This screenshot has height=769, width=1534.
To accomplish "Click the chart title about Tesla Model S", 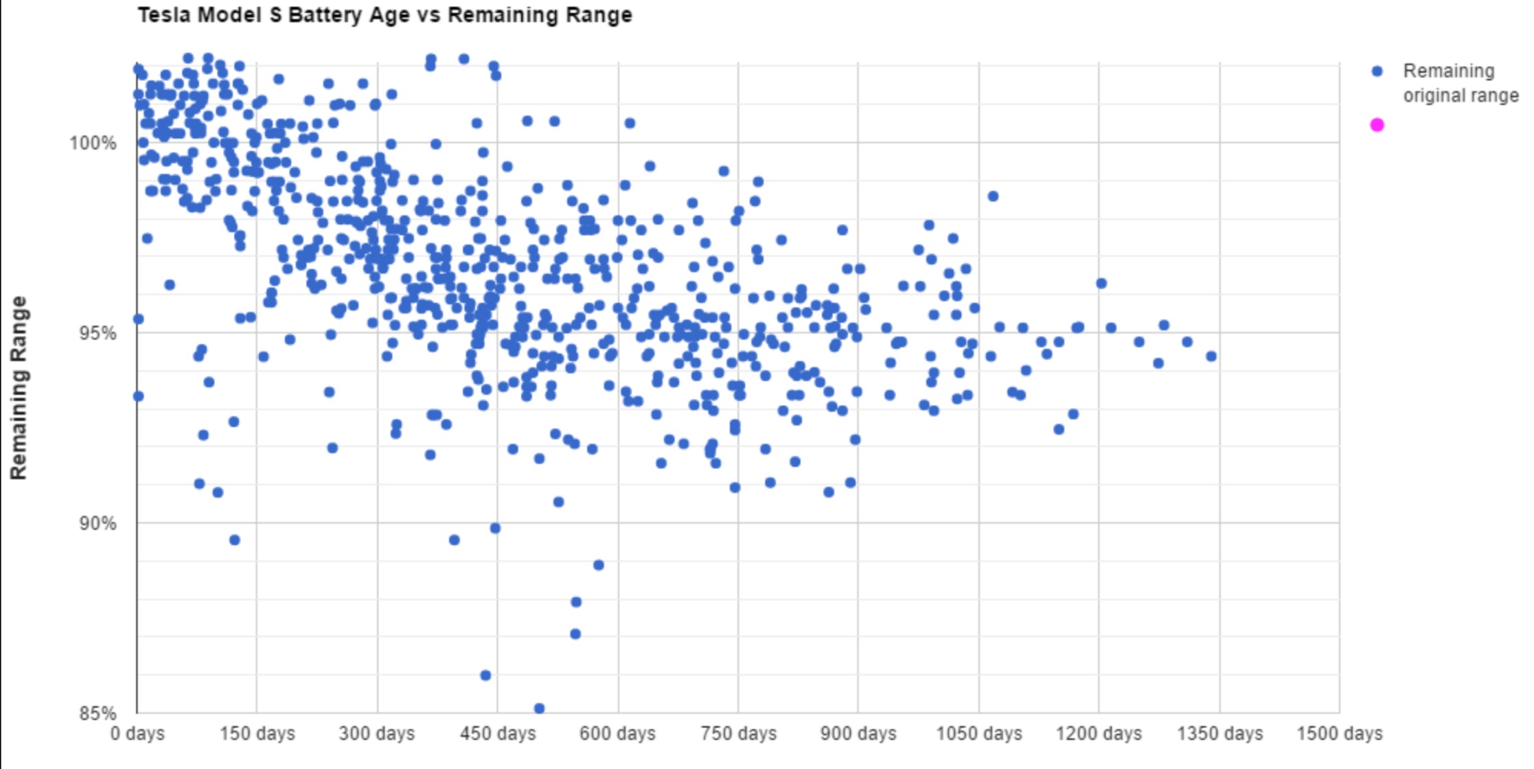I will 385,15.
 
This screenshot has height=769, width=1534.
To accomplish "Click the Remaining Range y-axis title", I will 19,388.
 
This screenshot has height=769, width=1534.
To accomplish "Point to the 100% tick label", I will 93,144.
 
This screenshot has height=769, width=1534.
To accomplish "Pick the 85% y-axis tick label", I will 97,713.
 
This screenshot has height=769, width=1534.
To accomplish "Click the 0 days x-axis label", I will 137,734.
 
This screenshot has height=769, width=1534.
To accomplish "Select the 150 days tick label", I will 257,734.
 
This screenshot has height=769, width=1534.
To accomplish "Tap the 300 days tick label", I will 377,734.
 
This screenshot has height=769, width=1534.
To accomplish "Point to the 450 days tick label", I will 498,734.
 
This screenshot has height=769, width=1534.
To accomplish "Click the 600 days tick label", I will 617,734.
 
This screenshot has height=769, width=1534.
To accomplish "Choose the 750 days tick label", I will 738,734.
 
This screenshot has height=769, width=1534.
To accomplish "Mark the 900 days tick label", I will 858,734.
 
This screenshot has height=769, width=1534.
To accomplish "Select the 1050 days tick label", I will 979,734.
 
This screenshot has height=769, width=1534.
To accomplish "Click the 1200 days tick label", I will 1099,734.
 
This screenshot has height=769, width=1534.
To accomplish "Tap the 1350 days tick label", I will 1220,734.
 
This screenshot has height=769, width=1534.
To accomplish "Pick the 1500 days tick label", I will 1339,734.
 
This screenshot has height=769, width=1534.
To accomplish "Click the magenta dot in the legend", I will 1377,125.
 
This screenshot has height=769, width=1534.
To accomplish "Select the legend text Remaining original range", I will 1460,83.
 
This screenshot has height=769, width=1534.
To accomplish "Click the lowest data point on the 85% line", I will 539,708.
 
